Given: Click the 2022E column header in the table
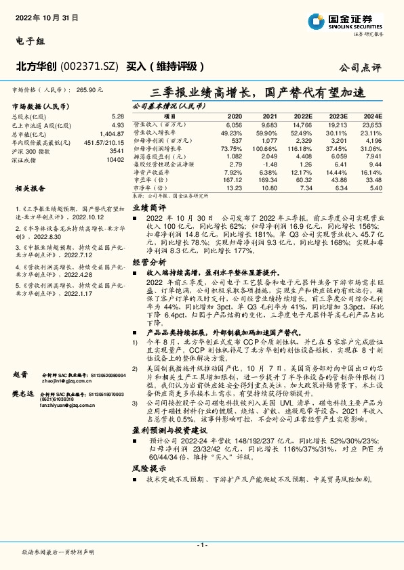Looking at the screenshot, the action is [302, 116].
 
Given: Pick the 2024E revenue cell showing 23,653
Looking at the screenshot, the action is [372, 125].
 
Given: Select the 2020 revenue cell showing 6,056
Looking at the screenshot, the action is [233, 125].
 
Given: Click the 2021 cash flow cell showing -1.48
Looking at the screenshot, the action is [269, 164].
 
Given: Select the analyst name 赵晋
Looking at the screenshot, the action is [20, 374].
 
